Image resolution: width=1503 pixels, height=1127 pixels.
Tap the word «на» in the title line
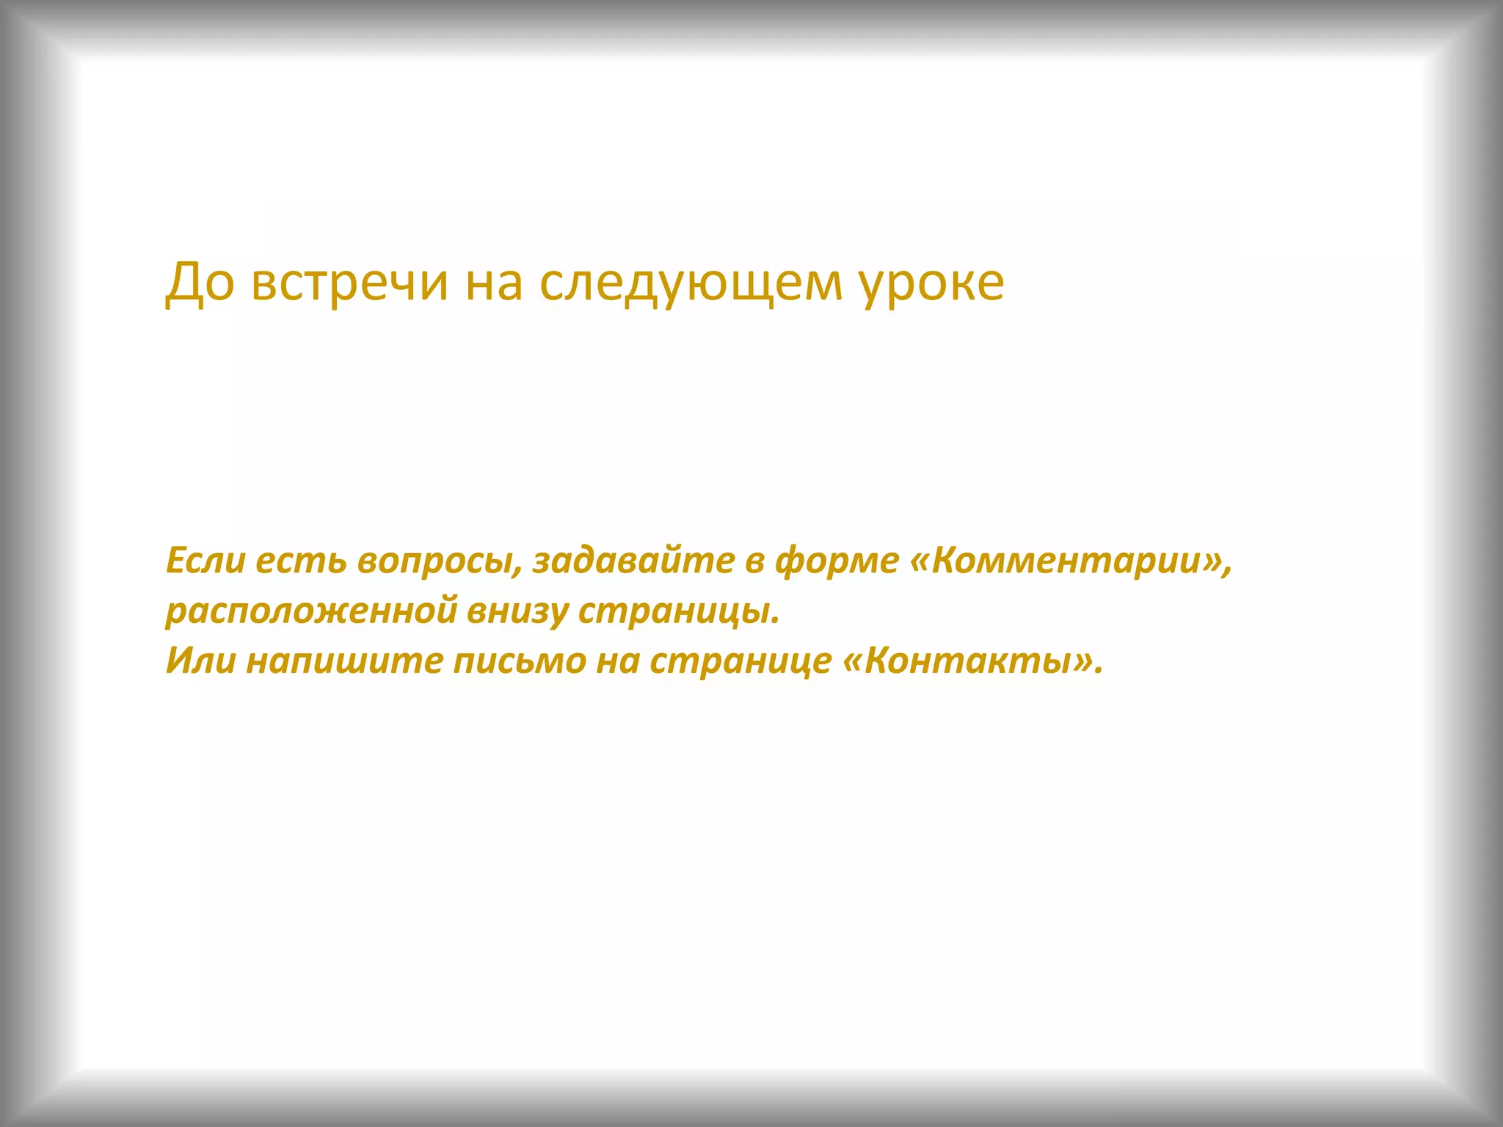click(494, 283)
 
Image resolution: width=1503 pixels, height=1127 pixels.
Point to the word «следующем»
click(691, 283)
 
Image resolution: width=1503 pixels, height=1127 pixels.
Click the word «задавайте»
click(633, 561)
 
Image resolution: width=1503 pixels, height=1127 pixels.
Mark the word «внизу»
click(518, 612)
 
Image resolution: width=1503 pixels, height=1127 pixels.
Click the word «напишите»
click(344, 661)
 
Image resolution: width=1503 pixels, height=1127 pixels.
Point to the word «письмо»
click(519, 661)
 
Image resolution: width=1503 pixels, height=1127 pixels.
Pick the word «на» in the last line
click(617, 661)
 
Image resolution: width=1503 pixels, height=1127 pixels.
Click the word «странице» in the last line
click(740, 661)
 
